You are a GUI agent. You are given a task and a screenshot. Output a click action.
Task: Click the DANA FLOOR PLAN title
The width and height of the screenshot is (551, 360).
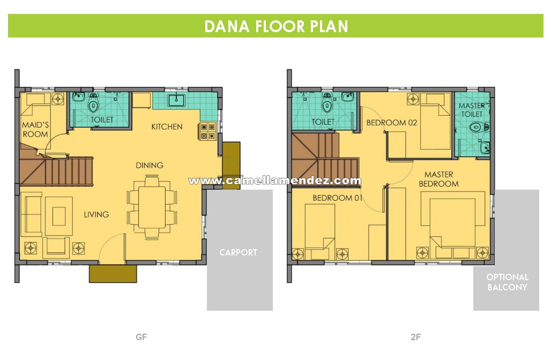276,26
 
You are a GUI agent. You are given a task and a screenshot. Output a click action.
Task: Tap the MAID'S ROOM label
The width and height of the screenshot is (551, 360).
35,129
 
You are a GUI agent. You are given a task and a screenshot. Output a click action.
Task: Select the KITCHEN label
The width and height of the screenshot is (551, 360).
167,126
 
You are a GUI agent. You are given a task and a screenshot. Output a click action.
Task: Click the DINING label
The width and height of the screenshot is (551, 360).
150,165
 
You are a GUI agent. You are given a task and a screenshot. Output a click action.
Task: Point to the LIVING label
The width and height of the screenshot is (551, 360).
96,214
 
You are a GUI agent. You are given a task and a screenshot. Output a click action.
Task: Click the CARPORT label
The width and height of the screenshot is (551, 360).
239,252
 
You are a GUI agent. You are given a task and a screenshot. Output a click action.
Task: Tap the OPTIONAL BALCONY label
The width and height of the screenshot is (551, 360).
507,282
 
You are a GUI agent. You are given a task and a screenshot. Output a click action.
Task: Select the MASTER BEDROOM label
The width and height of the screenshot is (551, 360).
438,179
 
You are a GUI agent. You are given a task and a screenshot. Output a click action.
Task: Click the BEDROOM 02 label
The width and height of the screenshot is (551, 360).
391,123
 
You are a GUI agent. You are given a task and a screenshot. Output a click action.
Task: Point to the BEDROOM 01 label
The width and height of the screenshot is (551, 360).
337,198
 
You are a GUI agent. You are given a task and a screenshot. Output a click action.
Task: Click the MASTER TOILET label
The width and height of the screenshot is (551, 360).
472,110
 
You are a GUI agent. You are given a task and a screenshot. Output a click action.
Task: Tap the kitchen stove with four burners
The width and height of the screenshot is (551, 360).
207,131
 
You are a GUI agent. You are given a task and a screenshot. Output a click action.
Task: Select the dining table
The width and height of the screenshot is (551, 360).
152,207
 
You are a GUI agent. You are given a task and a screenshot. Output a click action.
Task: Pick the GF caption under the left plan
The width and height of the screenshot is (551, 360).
142,337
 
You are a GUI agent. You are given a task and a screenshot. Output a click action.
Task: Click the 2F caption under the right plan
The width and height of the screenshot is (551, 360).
416,337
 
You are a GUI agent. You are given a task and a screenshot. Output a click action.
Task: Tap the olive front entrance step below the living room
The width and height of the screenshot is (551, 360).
113,274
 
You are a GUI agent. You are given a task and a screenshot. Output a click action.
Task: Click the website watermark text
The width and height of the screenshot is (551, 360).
275,181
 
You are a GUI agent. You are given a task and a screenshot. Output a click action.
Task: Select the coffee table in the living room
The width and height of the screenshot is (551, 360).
58,216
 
